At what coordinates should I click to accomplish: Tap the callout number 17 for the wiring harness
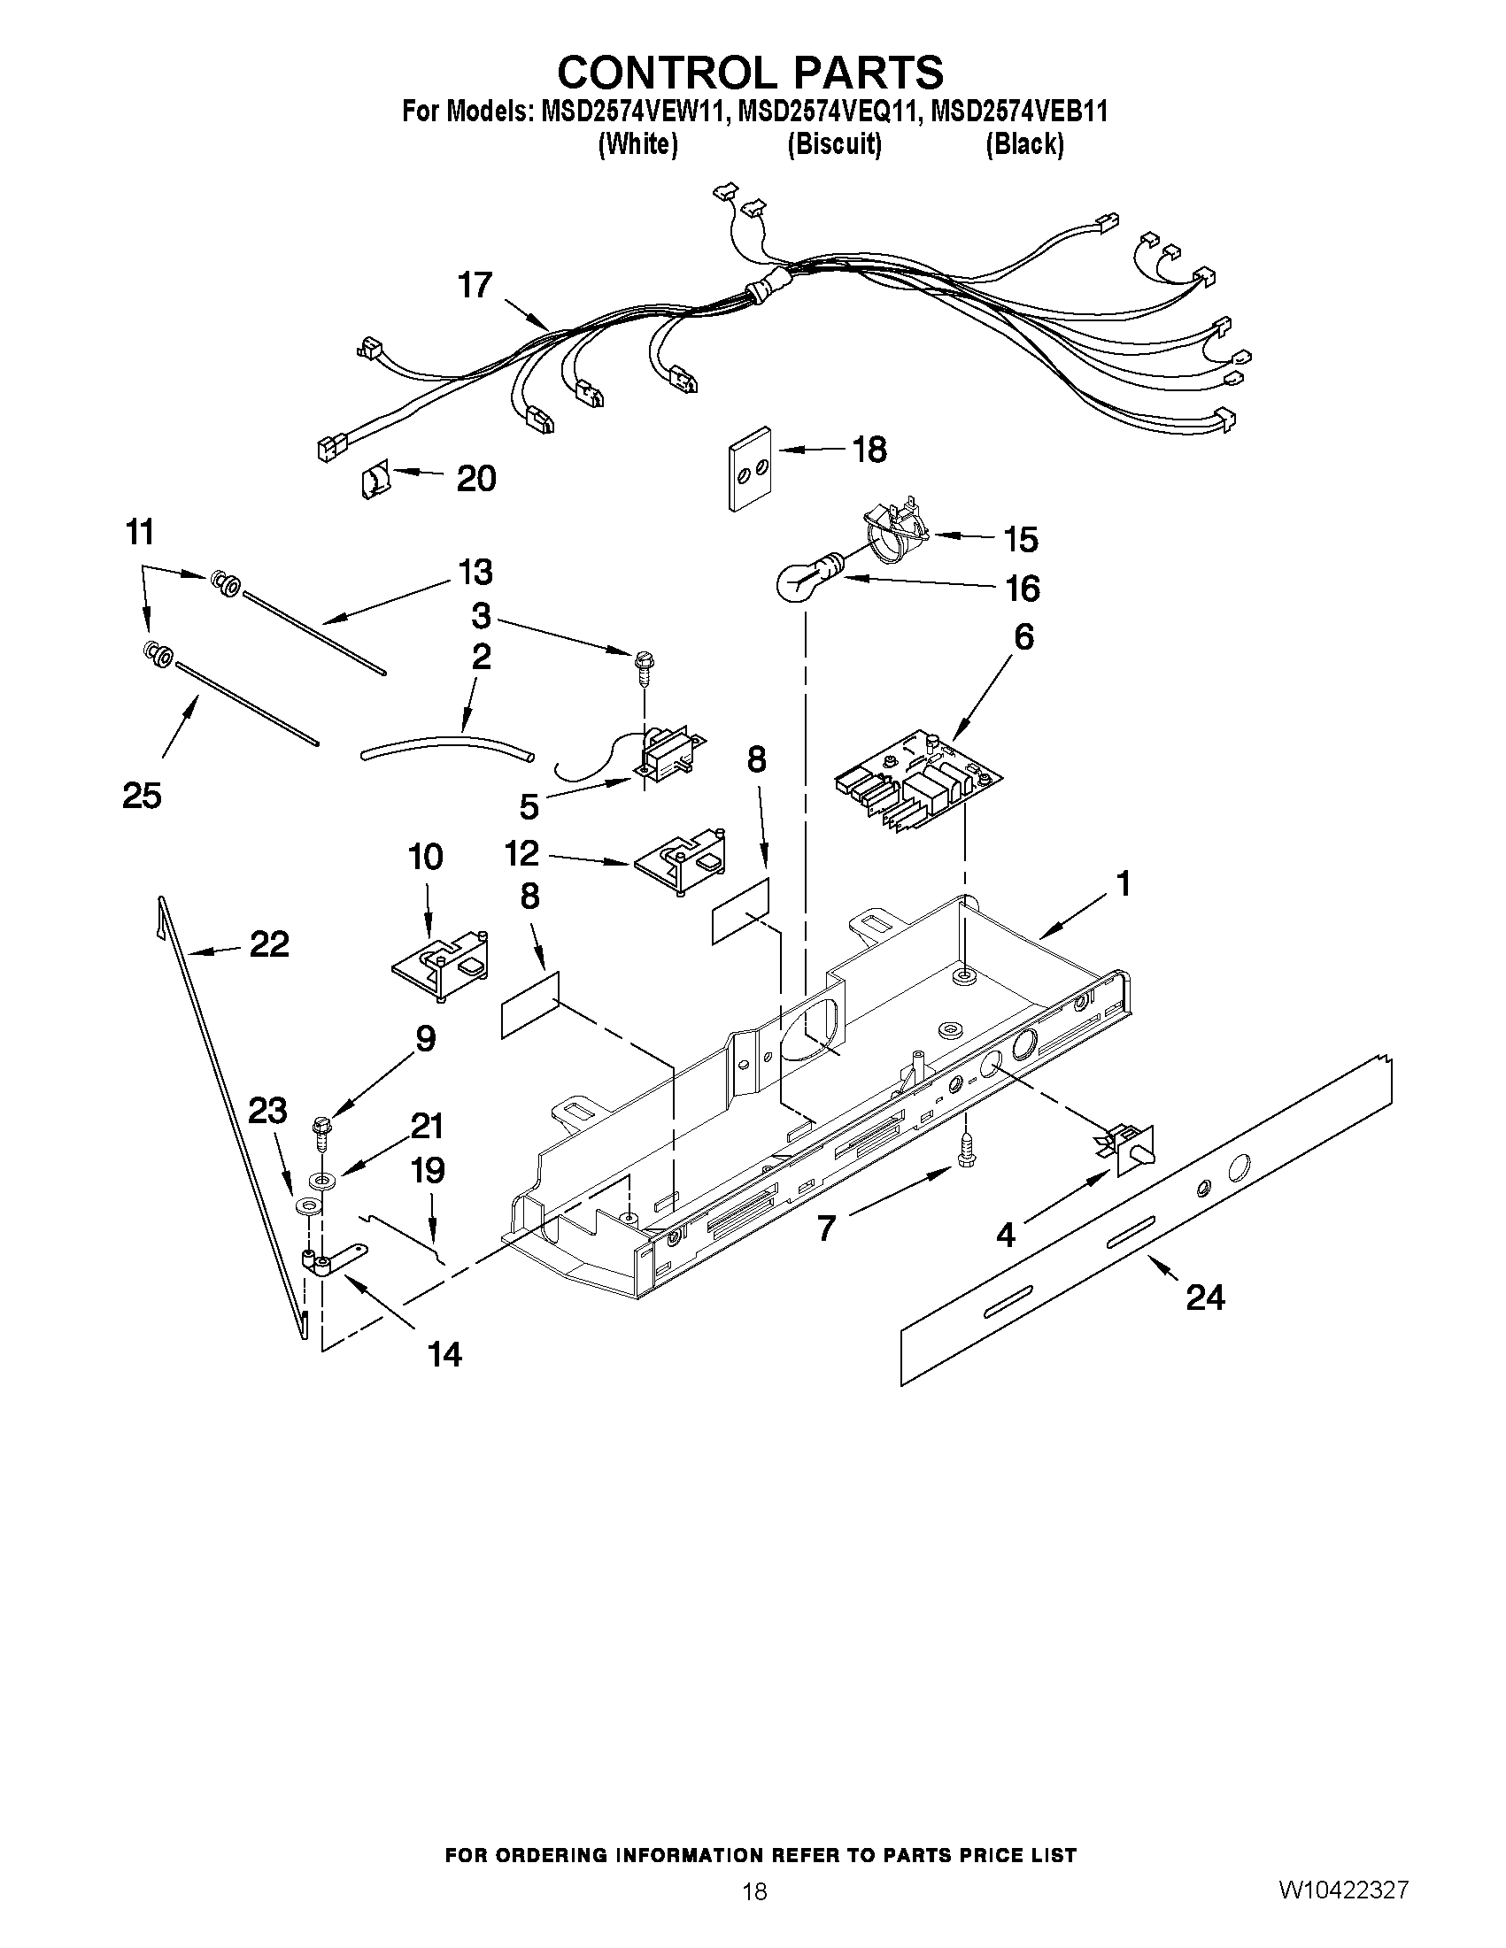point(475,285)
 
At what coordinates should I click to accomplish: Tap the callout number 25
point(142,795)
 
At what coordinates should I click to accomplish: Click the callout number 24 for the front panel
point(1204,1297)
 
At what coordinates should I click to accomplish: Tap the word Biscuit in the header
point(834,143)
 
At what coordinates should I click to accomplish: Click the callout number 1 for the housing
point(1124,884)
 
